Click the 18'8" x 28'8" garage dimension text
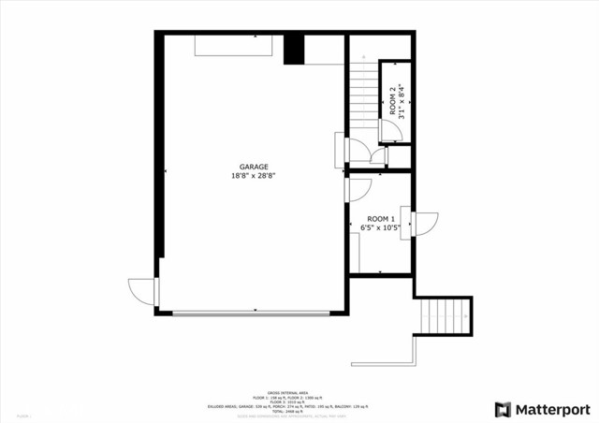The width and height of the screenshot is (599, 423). tap(254, 175)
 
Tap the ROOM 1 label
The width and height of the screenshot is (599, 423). tap(380, 218)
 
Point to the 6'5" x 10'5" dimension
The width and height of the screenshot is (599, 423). tap(380, 226)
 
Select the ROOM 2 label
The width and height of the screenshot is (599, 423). tap(393, 101)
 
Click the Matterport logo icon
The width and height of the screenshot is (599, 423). tap(504, 409)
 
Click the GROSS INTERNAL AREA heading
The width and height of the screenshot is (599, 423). tap(287, 392)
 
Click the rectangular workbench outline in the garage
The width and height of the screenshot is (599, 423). tap(233, 47)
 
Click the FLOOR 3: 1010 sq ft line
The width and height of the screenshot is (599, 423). tap(287, 401)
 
